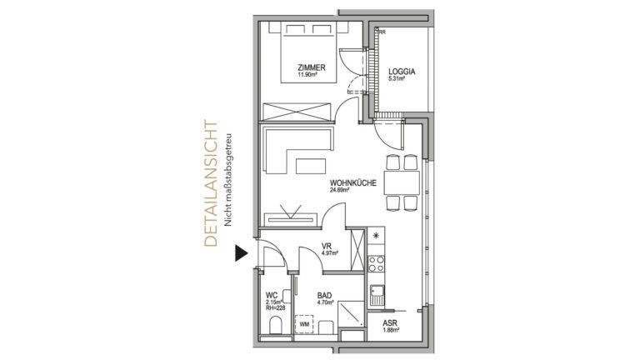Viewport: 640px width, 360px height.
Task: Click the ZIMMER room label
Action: click(312, 67)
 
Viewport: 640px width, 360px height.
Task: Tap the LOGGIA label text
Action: click(402, 72)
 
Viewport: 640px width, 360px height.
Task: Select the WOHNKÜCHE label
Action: click(353, 183)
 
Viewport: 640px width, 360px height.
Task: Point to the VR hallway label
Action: click(326, 247)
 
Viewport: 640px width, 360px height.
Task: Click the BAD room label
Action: click(324, 296)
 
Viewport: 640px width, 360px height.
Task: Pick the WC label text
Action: click(272, 295)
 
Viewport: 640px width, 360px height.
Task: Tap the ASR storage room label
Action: click(390, 323)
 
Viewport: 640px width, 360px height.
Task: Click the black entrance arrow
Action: click(241, 253)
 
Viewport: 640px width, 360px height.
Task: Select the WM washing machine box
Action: click(304, 324)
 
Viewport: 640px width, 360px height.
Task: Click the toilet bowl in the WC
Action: click(276, 326)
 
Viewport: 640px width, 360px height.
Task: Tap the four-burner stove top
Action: click(377, 263)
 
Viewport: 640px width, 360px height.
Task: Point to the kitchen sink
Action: click(377, 295)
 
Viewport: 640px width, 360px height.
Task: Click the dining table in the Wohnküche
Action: click(402, 182)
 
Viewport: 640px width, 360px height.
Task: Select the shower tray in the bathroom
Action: click(351, 313)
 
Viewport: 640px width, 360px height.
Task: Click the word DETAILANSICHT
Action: click(211, 183)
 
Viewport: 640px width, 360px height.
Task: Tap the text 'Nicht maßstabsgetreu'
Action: click(227, 180)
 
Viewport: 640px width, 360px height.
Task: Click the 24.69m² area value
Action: click(340, 190)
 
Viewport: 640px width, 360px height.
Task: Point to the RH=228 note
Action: click(276, 308)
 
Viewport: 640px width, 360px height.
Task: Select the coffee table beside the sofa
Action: click(312, 166)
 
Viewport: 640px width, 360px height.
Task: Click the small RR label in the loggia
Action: click(382, 32)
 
